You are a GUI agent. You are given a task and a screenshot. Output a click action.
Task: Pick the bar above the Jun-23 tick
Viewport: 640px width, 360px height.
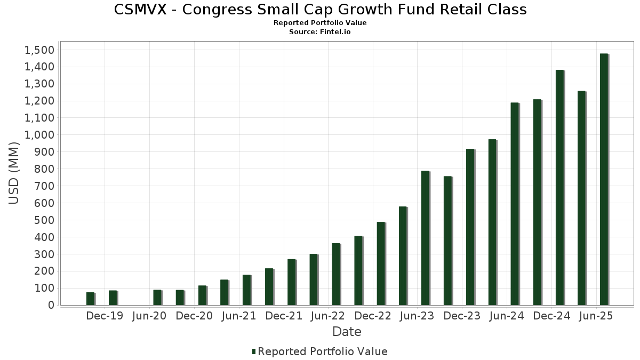point(425,238)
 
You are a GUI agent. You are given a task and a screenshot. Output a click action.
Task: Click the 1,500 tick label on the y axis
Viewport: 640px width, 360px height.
point(39,50)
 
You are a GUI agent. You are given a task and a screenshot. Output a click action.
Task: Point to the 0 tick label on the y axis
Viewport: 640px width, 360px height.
point(51,305)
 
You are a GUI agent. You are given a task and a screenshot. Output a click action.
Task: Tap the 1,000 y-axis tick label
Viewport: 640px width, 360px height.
point(39,135)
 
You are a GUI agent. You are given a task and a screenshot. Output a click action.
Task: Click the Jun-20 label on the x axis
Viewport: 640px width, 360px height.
point(149,316)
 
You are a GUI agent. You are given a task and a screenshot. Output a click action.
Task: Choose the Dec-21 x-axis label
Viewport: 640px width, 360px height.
point(284,316)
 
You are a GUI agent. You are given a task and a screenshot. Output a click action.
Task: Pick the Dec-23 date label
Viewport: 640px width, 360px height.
point(462,316)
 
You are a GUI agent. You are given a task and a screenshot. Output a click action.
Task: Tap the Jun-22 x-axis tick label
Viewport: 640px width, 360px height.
point(329,316)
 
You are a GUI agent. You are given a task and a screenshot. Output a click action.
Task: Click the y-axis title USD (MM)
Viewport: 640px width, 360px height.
point(14,174)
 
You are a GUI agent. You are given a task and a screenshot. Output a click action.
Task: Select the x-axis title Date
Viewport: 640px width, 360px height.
point(347,332)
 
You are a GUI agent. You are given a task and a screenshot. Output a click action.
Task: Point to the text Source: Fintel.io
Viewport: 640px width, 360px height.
point(320,32)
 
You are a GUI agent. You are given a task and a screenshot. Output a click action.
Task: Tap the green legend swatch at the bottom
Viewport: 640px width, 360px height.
point(254,351)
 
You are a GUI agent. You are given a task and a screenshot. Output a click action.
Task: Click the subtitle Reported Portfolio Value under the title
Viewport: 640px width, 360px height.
point(320,23)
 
